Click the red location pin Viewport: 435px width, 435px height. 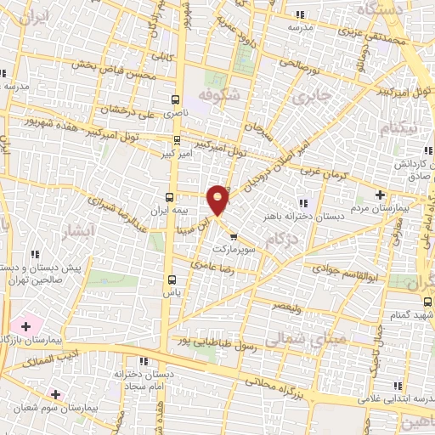coord(218,199)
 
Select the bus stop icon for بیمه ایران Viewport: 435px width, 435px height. coord(167,195)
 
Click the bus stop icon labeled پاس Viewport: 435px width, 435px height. coord(172,279)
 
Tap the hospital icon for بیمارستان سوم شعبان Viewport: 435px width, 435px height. coord(56,394)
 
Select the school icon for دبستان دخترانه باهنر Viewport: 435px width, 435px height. coord(303,201)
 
